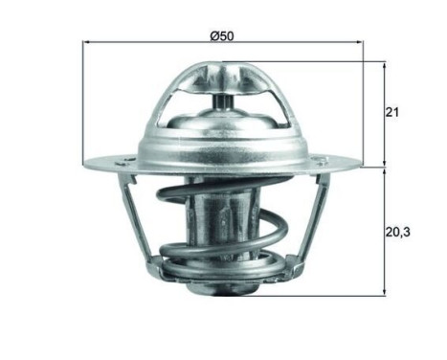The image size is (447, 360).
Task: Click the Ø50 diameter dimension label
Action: [222, 35]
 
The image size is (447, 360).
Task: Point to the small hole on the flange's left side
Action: [124, 155]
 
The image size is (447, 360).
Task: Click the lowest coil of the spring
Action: [223, 273]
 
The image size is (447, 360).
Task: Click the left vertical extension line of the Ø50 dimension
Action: [85, 96]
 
